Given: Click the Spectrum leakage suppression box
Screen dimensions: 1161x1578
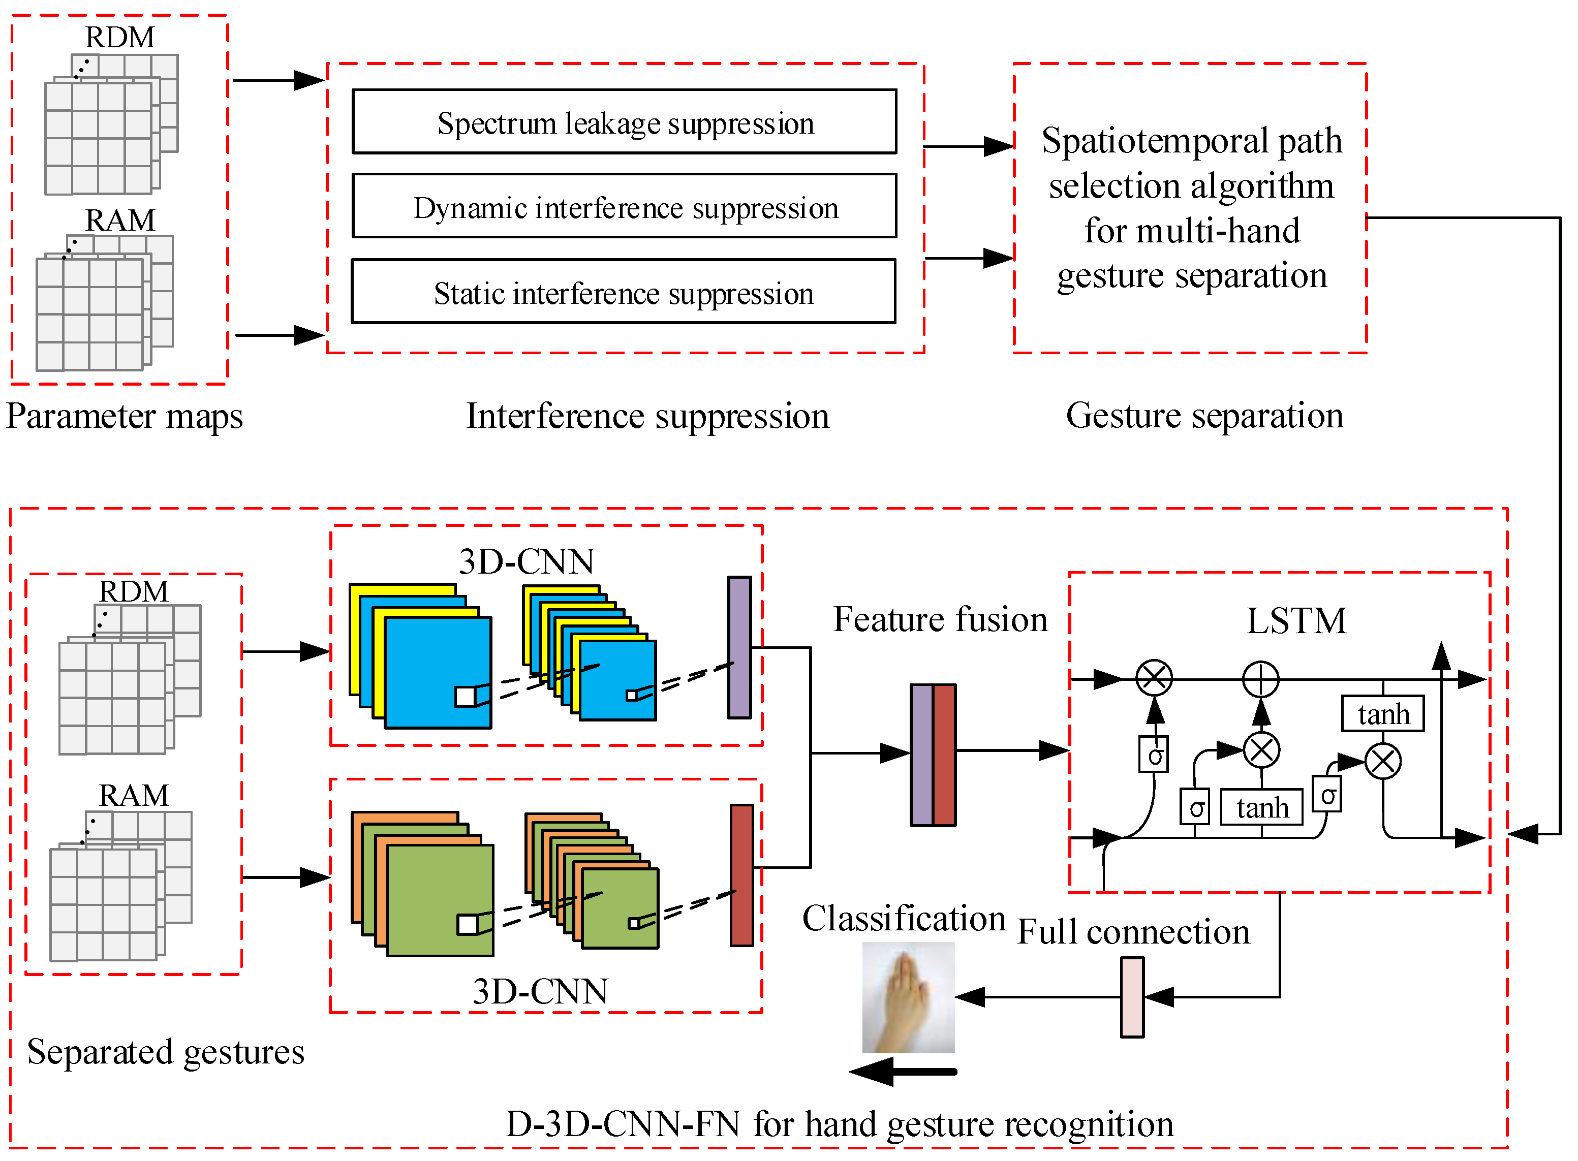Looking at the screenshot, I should [624, 121].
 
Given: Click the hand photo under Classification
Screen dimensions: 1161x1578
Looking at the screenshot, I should [908, 997].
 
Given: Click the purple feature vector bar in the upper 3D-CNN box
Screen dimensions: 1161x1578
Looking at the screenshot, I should [739, 647].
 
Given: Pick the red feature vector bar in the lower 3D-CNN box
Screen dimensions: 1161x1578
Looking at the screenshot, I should [741, 875].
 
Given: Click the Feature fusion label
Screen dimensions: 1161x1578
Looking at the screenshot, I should [940, 619].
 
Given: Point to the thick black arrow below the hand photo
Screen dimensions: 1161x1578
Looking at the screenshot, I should [903, 1072].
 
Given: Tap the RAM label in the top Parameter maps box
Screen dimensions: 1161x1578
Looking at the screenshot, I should [120, 220].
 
